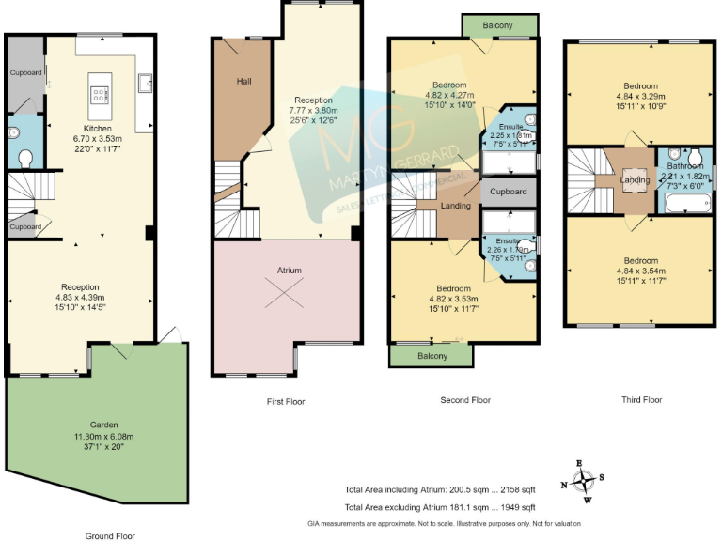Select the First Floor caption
(x=286, y=401)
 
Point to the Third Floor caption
(x=642, y=399)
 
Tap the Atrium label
(x=289, y=270)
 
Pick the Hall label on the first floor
(x=243, y=82)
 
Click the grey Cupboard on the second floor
(x=509, y=193)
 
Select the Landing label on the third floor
(x=635, y=180)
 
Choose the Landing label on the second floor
(x=456, y=206)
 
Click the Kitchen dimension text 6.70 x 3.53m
(x=98, y=138)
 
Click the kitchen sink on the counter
(x=148, y=84)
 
